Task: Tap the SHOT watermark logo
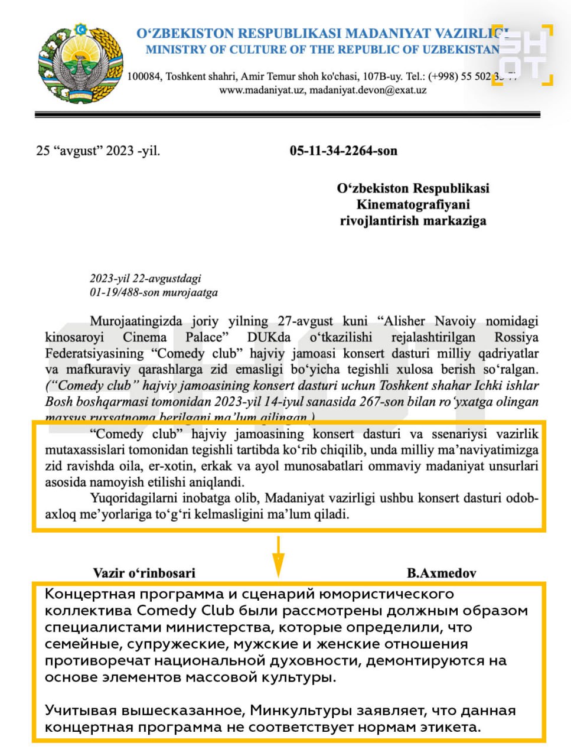(523, 55)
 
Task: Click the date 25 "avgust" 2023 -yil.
(98, 151)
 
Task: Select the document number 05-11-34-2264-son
(343, 151)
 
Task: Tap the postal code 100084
(144, 76)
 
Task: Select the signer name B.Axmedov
(441, 572)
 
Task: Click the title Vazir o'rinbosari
(144, 572)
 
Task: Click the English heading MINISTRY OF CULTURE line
(322, 50)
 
